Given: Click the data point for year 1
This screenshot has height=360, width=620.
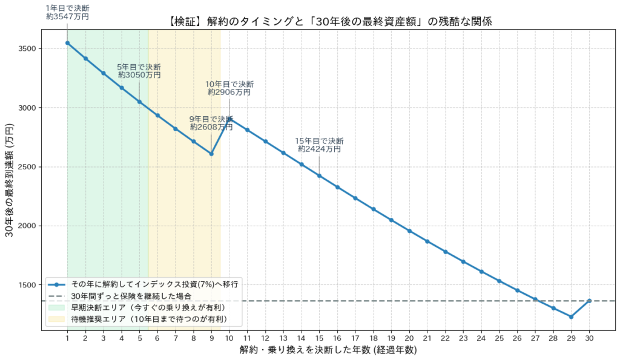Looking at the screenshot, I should (x=67, y=43).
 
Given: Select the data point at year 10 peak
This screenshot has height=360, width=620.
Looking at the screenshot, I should (x=229, y=119).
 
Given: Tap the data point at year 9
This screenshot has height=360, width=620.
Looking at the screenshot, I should (x=211, y=154).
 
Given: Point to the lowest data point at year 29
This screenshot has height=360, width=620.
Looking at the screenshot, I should (x=571, y=316).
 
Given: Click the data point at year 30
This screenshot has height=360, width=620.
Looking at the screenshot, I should (x=589, y=301).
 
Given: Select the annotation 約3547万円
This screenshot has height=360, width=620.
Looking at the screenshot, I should (x=67, y=17).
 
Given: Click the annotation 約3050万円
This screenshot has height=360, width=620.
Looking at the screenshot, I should (x=139, y=76).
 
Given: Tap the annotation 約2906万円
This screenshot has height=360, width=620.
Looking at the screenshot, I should (x=229, y=93).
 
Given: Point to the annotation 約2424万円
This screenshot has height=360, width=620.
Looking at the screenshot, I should (x=319, y=149).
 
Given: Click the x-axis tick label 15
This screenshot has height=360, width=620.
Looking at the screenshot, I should (x=319, y=338).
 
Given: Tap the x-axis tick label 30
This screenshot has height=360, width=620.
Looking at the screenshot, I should (x=589, y=338).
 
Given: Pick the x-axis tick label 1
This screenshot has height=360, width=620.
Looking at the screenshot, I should (x=67, y=338).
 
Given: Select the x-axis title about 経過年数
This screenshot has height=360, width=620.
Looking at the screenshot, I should (x=328, y=350).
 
